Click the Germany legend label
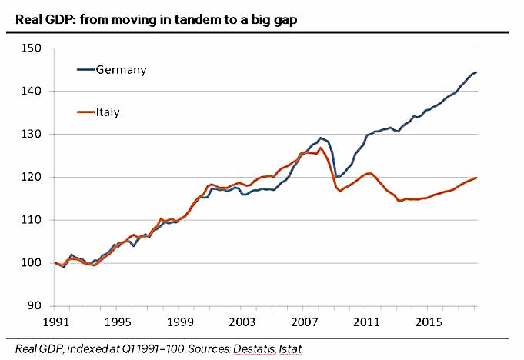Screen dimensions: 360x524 tap(121, 70)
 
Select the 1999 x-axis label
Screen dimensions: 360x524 tap(179, 322)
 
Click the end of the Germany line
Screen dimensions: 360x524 tap(476, 72)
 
